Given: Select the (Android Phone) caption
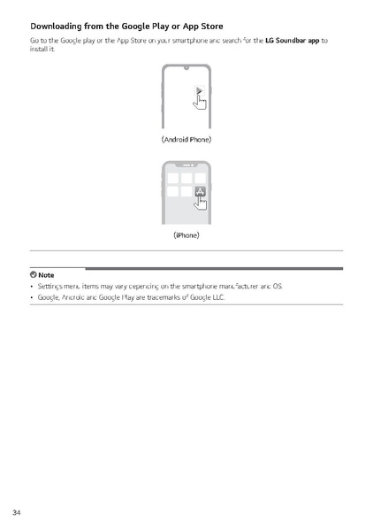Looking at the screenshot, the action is click(186, 140).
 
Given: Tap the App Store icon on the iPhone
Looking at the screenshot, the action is click(200, 192).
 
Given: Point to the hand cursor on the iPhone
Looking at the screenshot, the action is click(202, 203).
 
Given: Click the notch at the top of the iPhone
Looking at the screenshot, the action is click(186, 165).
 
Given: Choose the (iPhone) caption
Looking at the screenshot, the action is click(186, 236).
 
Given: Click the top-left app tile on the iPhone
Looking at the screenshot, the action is click(173, 177).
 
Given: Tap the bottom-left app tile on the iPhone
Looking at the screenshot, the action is click(173, 192).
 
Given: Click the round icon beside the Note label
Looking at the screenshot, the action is click(33, 276).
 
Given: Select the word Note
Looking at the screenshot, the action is click(46, 276).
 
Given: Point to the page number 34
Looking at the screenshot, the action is click(17, 512).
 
